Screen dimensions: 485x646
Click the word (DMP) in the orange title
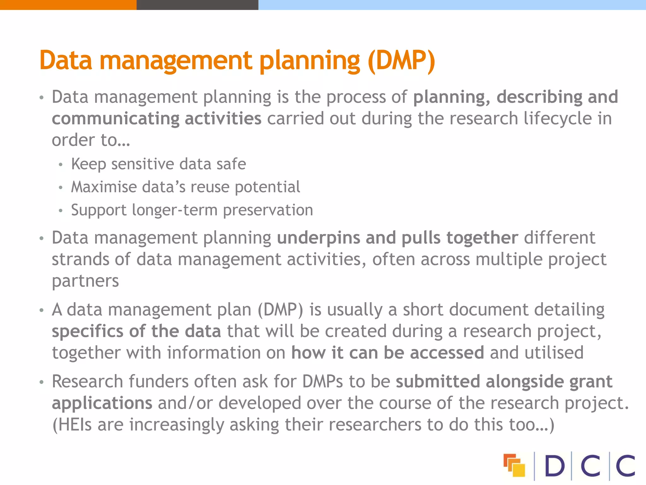401,61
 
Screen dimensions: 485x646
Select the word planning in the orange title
309,61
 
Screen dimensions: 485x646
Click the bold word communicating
115,119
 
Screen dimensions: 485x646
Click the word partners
85,281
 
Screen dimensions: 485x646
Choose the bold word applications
102,403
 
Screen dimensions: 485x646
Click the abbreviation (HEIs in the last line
72,425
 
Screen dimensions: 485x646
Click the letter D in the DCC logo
555,466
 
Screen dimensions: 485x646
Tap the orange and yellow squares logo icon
514,465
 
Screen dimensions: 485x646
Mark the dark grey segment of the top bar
197,5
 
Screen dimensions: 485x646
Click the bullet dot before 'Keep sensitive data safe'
61,165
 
